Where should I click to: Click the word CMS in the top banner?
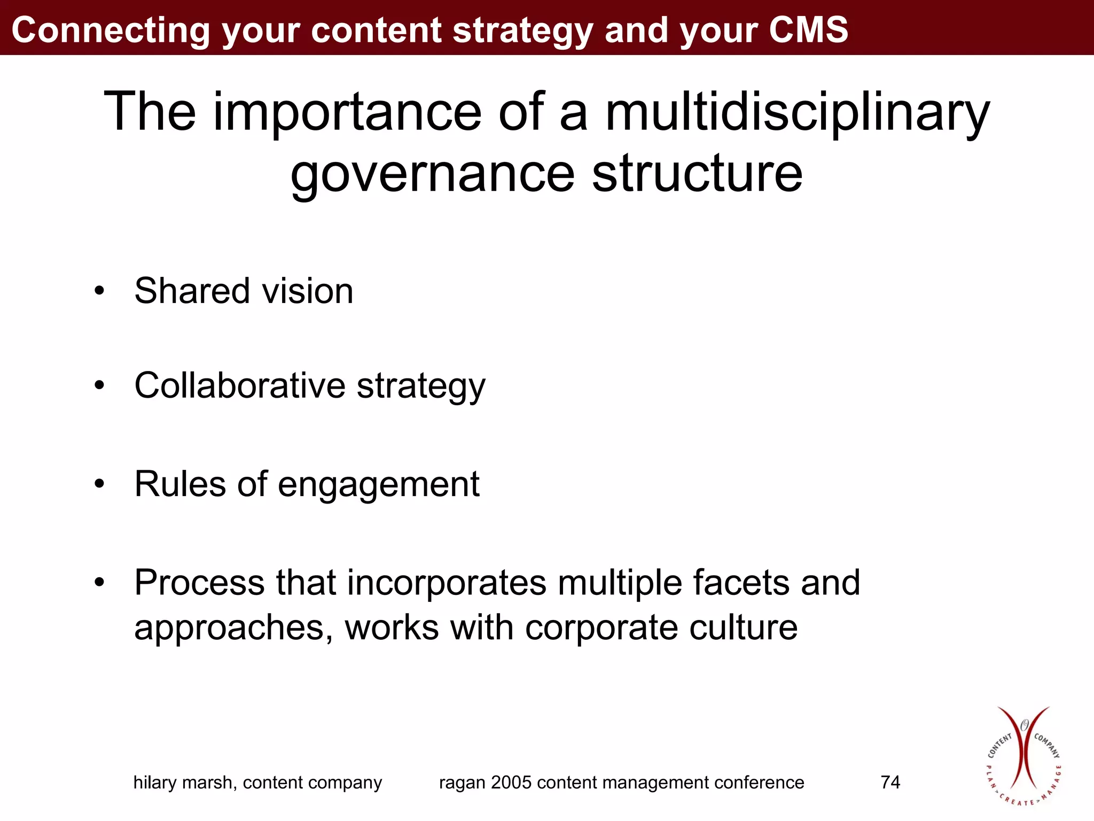pos(808,29)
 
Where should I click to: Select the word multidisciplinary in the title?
pos(797,112)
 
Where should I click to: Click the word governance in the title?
pos(432,174)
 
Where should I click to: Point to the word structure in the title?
pos(697,174)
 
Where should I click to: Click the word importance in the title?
pos(347,112)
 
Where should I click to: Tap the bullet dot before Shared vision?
pos(99,292)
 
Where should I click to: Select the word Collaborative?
pos(240,385)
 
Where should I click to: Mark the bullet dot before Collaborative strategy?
pos(99,385)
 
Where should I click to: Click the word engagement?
pos(378,485)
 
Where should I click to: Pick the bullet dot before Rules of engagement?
pos(99,484)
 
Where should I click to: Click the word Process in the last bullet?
pos(199,582)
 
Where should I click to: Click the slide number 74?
pos(890,783)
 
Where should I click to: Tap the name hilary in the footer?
pos(154,783)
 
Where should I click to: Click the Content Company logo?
pos(1023,756)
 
